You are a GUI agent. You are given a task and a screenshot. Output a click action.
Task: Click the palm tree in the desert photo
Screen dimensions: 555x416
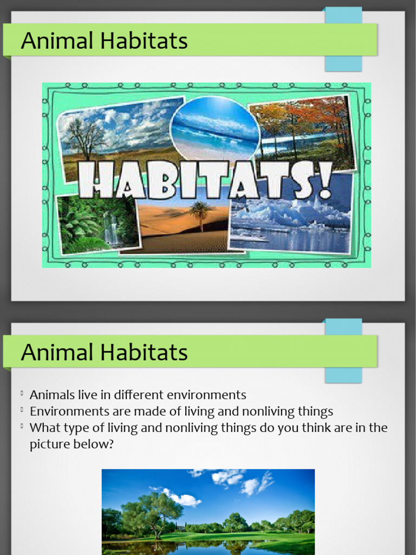pos(200,214)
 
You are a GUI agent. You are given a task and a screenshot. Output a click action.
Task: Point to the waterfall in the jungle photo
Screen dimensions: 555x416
pos(111,228)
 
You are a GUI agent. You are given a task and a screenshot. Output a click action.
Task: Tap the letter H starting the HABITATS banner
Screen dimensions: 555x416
pos(95,180)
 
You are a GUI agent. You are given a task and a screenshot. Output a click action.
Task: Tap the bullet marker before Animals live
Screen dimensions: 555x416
pos(22,394)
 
